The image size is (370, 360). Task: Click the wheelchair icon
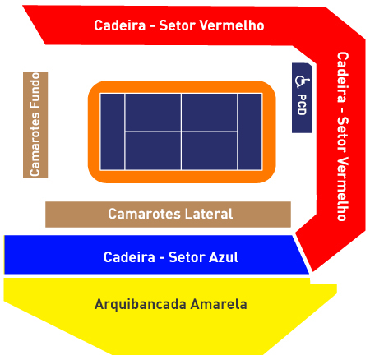tap(302, 81)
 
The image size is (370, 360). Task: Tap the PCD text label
tap(302, 104)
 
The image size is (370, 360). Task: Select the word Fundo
tap(35, 90)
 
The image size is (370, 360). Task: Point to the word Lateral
tap(209, 214)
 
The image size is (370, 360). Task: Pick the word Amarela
tap(219, 304)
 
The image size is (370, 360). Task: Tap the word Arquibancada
tap(141, 305)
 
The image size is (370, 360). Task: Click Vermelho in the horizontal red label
tap(232, 25)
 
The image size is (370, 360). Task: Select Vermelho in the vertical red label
tap(343, 189)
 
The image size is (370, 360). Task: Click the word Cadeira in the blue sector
tap(129, 257)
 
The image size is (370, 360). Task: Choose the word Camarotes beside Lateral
tap(145, 214)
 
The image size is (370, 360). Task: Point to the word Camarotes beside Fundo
tap(35, 144)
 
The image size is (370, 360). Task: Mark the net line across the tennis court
tap(181, 132)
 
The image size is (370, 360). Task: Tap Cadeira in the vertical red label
tap(343, 77)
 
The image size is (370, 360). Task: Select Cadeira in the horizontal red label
tap(120, 25)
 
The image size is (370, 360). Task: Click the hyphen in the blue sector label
tap(162, 258)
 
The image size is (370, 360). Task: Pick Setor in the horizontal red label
tap(178, 25)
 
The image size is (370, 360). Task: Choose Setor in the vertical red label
tap(343, 135)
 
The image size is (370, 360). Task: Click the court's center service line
tap(181, 132)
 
